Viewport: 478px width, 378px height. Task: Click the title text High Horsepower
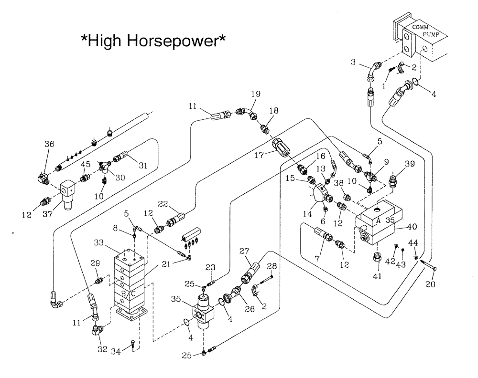[153, 42]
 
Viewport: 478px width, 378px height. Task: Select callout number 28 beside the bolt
[272, 265]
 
